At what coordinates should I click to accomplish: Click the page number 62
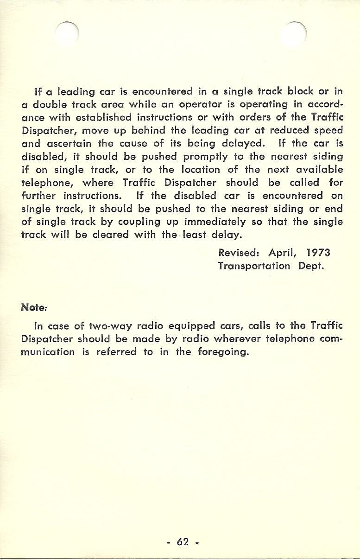click(183, 541)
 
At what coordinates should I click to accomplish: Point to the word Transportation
click(254, 266)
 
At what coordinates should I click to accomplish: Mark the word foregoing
click(224, 351)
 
